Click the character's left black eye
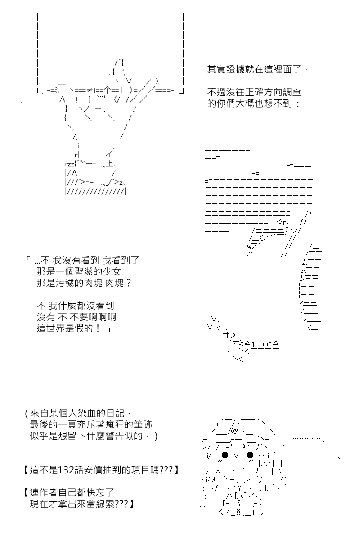(225, 455)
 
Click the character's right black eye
(250, 455)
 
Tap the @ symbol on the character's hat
(234, 430)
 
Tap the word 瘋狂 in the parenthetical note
(123, 424)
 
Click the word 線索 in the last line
(105, 504)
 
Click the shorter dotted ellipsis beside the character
(308, 439)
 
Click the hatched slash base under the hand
(95, 191)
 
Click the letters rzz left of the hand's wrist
(70, 164)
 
